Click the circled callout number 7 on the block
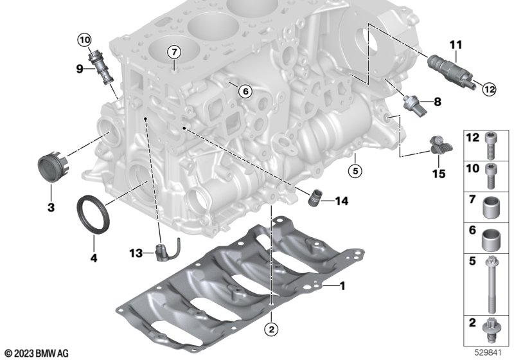174,52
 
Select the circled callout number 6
245,91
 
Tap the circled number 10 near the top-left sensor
84,40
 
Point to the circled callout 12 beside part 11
489,89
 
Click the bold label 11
456,45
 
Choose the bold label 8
438,102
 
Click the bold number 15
439,174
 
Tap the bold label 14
342,201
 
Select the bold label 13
136,253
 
